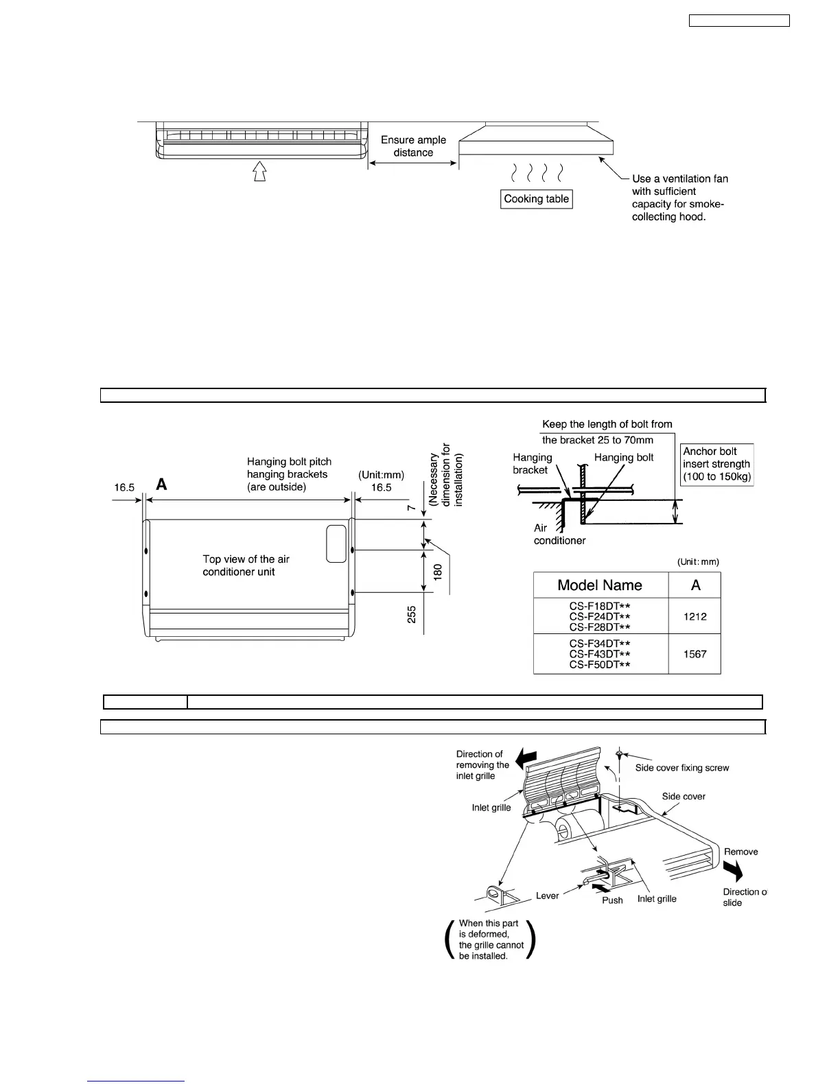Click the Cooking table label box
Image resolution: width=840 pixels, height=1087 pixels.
tap(537, 199)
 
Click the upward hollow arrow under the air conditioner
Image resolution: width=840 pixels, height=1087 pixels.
tap(259, 171)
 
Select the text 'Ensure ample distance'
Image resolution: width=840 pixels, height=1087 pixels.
tap(413, 146)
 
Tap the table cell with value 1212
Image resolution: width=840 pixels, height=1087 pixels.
tap(695, 616)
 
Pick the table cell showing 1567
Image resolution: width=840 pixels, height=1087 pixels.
tap(695, 654)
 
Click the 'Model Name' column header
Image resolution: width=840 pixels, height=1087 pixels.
tap(600, 585)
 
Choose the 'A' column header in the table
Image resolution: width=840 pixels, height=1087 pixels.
tap(695, 585)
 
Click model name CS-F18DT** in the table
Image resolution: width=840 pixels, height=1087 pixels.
tap(599, 606)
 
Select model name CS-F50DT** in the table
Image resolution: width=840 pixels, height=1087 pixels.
tap(599, 664)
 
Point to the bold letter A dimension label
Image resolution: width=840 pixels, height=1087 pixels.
tap(161, 485)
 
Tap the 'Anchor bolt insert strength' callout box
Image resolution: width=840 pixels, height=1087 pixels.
tap(716, 465)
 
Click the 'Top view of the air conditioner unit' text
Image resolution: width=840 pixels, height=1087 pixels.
tap(246, 565)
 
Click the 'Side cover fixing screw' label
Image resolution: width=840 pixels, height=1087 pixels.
tap(681, 768)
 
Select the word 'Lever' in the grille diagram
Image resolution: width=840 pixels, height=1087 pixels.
tap(548, 896)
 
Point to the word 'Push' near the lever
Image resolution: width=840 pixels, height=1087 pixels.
tap(612, 900)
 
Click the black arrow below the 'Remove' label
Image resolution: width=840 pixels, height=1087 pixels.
tap(733, 872)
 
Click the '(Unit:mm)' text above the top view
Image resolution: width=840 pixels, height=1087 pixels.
tap(381, 474)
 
